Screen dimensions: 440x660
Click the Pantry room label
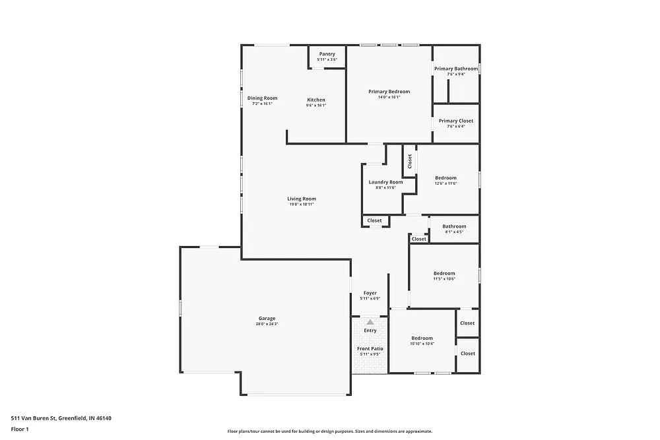[327, 54]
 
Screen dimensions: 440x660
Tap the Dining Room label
[262, 98]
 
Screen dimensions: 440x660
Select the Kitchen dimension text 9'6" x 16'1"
[316, 105]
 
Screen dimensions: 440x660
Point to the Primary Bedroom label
[389, 92]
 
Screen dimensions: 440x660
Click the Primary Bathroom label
[456, 69]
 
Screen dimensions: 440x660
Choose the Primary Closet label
[456, 121]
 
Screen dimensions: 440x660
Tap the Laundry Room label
[385, 182]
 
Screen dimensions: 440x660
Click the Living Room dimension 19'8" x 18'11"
[301, 204]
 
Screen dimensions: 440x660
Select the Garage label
[267, 319]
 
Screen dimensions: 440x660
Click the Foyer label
[370, 293]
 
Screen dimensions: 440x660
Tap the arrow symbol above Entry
[370, 322]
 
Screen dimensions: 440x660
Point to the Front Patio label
[370, 348]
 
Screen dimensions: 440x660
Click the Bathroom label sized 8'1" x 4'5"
[454, 226]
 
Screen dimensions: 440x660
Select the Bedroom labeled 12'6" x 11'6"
[445, 177]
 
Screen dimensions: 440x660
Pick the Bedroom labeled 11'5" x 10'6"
[444, 273]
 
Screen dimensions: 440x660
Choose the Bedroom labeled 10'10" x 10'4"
[422, 338]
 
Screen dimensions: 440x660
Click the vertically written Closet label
[409, 161]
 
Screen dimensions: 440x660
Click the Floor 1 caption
[20, 429]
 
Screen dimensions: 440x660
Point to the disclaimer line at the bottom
[329, 431]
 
